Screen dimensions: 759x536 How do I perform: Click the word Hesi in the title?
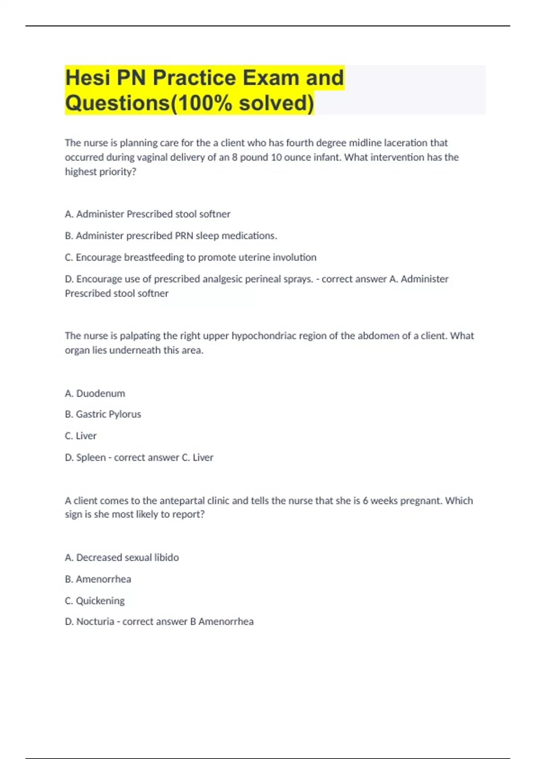[x=87, y=78]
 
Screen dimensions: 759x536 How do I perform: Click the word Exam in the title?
[x=271, y=78]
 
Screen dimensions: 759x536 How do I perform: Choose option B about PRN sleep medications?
[x=171, y=236]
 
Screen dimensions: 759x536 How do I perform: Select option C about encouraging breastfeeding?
[x=191, y=257]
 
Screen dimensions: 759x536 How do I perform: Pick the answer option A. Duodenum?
[x=95, y=393]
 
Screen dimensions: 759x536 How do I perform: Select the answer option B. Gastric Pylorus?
[x=103, y=414]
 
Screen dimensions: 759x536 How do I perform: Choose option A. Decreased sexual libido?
[x=122, y=558]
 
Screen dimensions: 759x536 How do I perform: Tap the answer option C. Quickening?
[x=95, y=601]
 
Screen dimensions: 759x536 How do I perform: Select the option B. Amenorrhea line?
[x=98, y=579]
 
